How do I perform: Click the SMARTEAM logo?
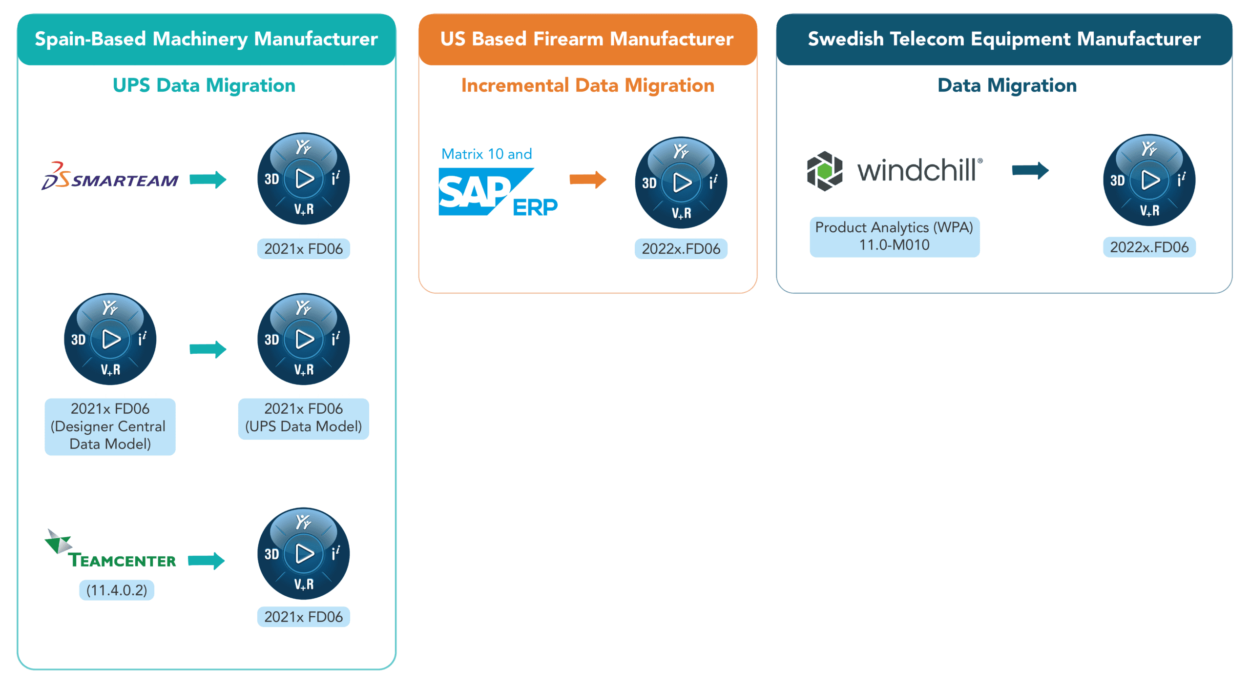110,177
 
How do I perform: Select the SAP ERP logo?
497,192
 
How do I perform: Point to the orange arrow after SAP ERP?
587,179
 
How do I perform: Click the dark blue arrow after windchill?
1030,170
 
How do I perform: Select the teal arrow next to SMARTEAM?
208,179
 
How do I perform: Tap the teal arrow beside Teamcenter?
206,561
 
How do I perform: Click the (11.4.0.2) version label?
116,590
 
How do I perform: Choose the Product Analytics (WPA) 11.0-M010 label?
894,237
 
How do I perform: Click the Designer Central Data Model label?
110,426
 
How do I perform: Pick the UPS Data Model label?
303,418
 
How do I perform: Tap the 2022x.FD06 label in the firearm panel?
681,249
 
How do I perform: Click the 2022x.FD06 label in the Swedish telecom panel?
1149,247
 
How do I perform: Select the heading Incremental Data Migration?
587,85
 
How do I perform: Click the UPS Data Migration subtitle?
204,85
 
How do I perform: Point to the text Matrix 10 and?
486,154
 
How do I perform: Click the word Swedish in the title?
845,39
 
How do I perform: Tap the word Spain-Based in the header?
90,39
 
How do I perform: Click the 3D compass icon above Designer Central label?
110,339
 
